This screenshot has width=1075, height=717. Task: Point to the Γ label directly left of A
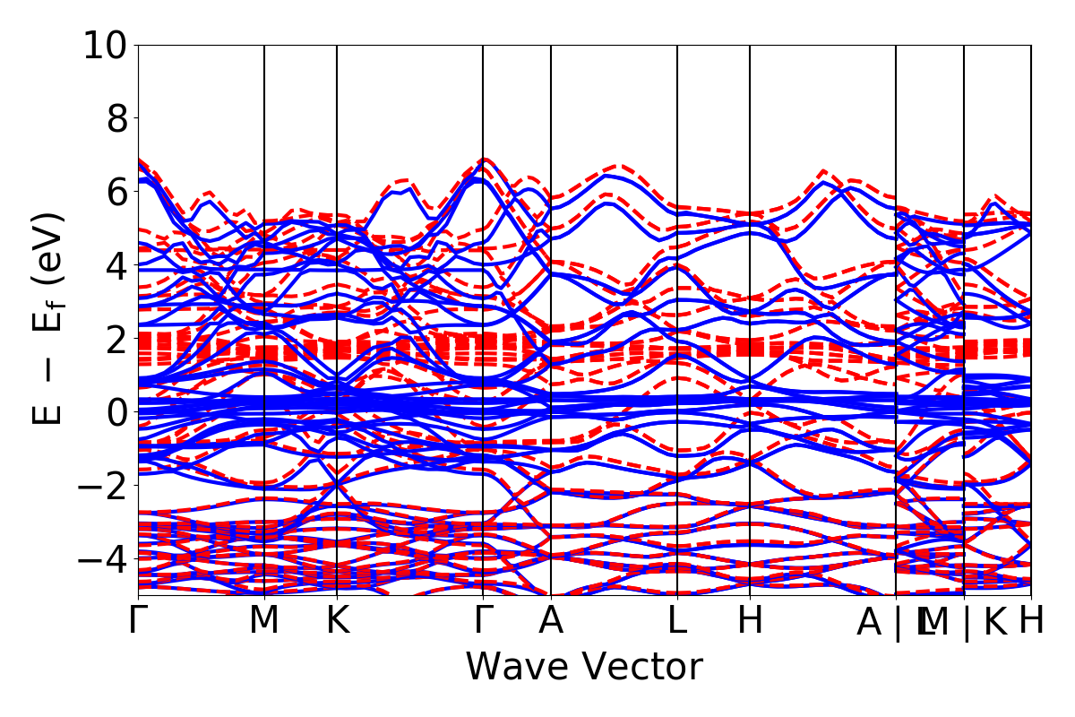click(484, 621)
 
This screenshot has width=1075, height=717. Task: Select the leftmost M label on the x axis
click(264, 621)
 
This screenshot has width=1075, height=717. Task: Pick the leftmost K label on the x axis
click(337, 621)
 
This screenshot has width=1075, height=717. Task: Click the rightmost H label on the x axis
click(1032, 621)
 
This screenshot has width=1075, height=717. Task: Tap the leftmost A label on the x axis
click(551, 621)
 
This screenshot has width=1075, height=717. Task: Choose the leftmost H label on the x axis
click(750, 621)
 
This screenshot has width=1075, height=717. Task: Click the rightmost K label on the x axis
click(995, 621)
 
